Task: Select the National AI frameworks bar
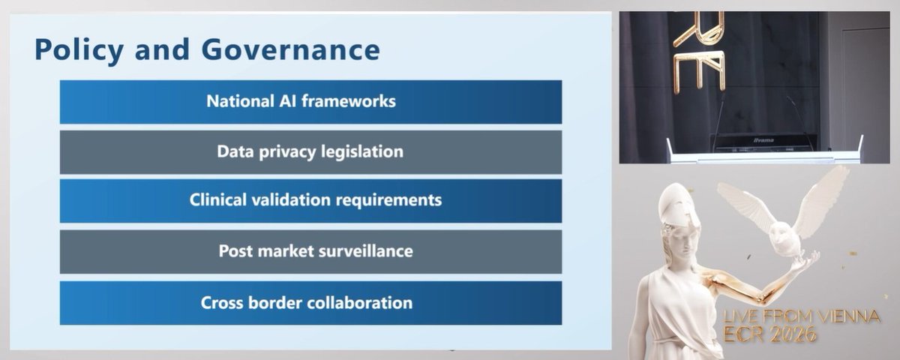[310, 102]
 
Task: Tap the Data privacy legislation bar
[310, 152]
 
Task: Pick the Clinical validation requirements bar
[310, 201]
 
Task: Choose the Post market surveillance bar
[310, 251]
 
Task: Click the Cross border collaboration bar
[310, 303]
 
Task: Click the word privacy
[287, 151]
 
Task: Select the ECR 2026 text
[772, 336]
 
